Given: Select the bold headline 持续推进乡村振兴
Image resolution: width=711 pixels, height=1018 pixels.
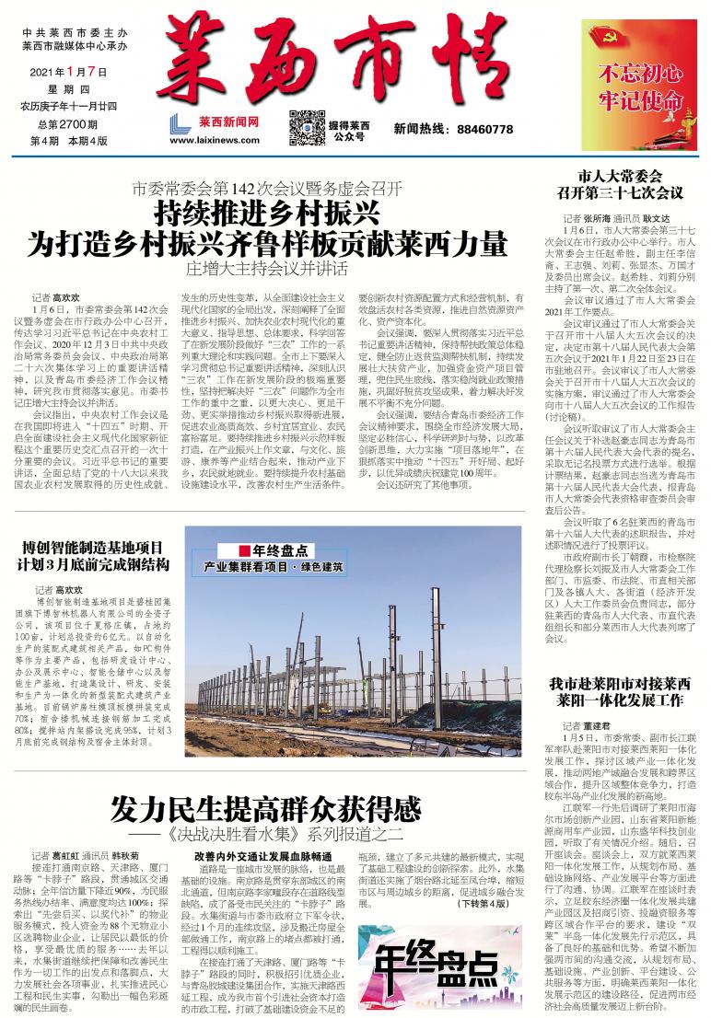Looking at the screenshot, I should pos(268,215).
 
